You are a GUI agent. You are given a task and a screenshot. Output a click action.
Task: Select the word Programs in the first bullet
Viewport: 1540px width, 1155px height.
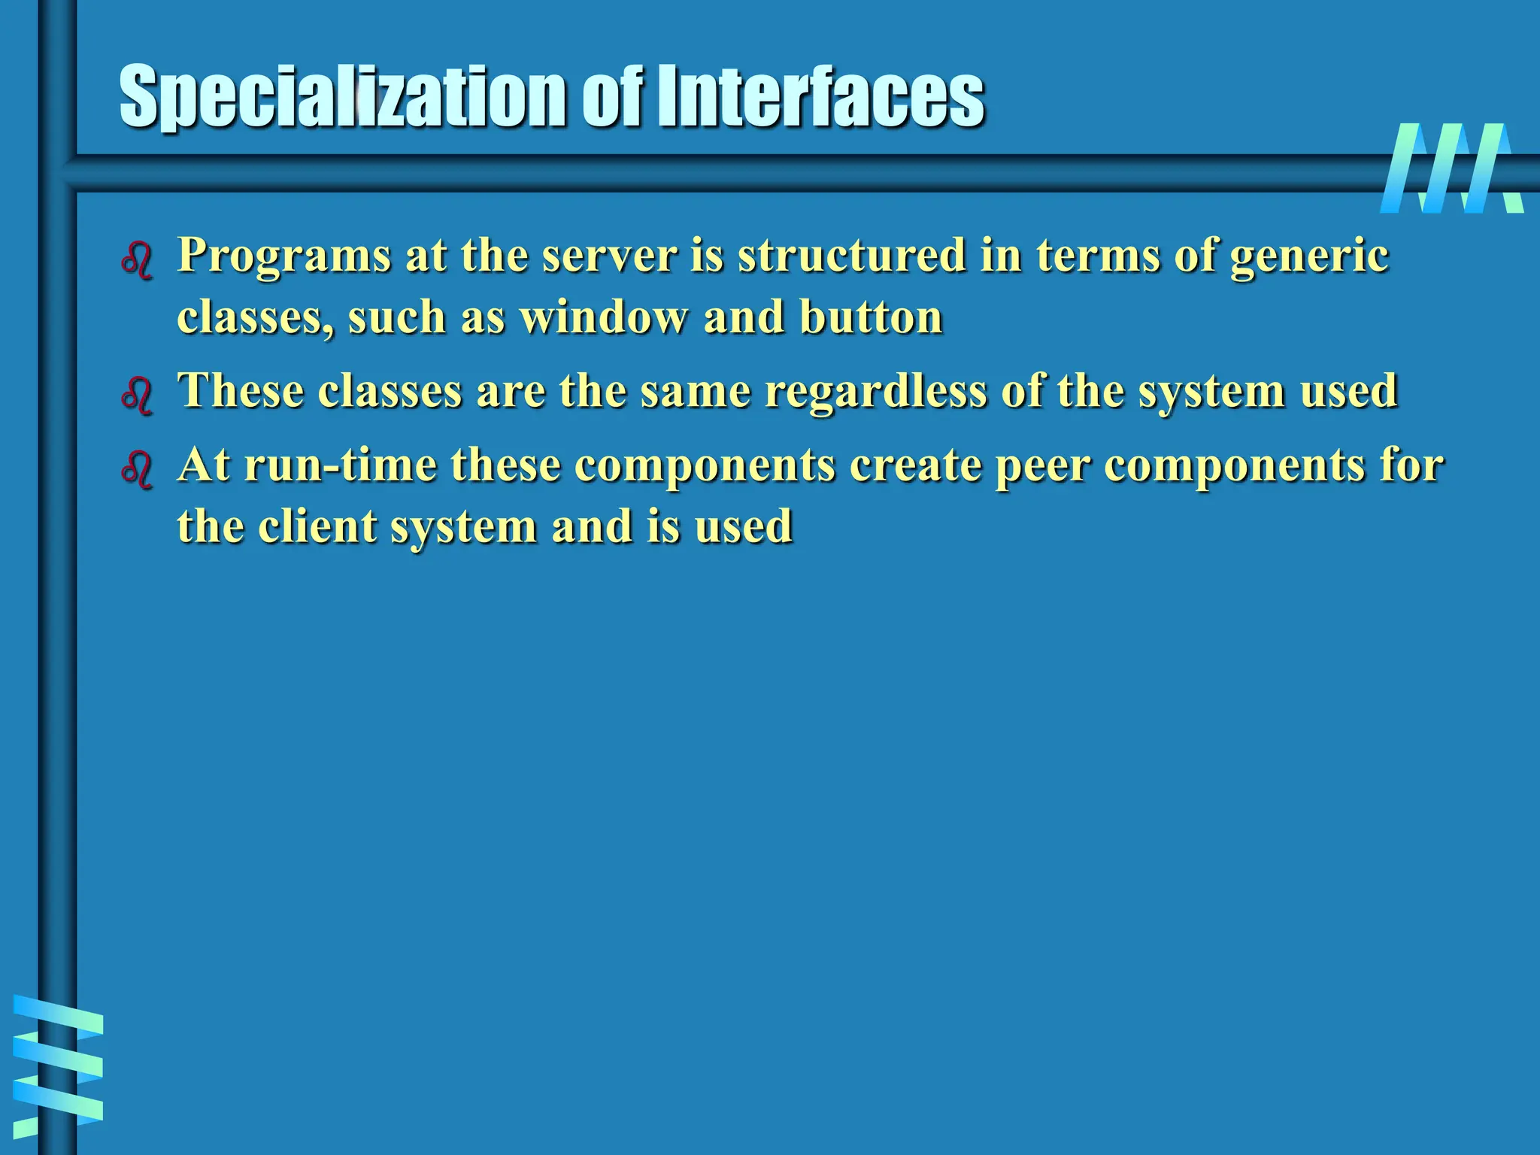point(284,256)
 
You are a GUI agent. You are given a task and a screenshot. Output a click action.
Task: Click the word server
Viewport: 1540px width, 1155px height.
point(609,256)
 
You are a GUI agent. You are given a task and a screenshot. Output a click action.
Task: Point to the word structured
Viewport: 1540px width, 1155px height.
point(851,256)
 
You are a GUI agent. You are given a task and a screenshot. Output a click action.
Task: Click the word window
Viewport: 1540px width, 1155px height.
point(603,317)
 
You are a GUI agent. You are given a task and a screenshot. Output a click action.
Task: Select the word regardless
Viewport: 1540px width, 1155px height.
point(875,392)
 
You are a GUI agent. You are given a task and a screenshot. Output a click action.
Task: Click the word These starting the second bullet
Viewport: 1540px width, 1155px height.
point(241,391)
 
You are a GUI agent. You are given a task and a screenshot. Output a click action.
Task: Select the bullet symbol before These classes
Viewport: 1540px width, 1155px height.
point(137,396)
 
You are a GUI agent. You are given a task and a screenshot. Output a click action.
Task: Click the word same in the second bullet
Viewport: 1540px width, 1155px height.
point(695,392)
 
